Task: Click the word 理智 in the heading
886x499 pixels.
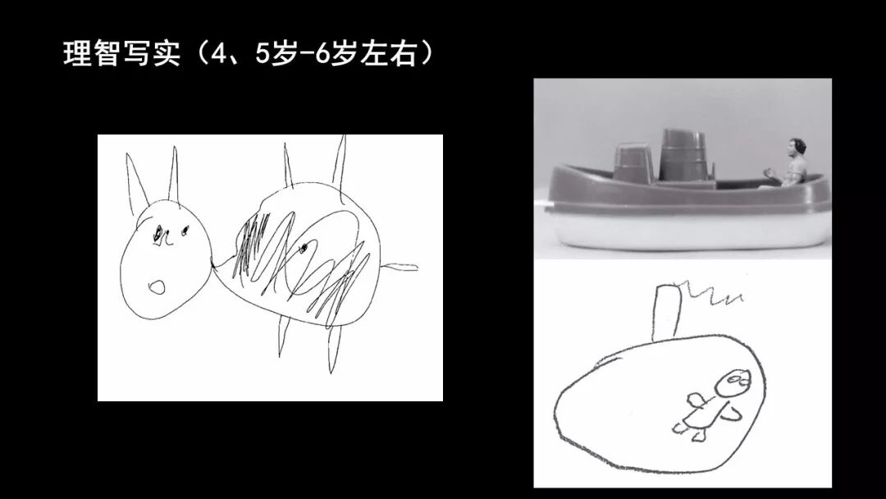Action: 91,54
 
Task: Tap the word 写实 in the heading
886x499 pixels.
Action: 151,54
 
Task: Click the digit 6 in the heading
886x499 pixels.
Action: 322,54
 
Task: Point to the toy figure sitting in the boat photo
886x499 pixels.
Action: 791,163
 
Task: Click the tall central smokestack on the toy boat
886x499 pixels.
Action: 683,155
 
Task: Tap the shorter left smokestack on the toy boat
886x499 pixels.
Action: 633,162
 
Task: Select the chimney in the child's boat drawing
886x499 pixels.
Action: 667,313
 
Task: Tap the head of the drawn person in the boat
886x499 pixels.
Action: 733,383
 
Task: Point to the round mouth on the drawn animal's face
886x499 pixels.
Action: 157,287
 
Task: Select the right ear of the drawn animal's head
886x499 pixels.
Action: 174,174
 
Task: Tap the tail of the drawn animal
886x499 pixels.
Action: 399,267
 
